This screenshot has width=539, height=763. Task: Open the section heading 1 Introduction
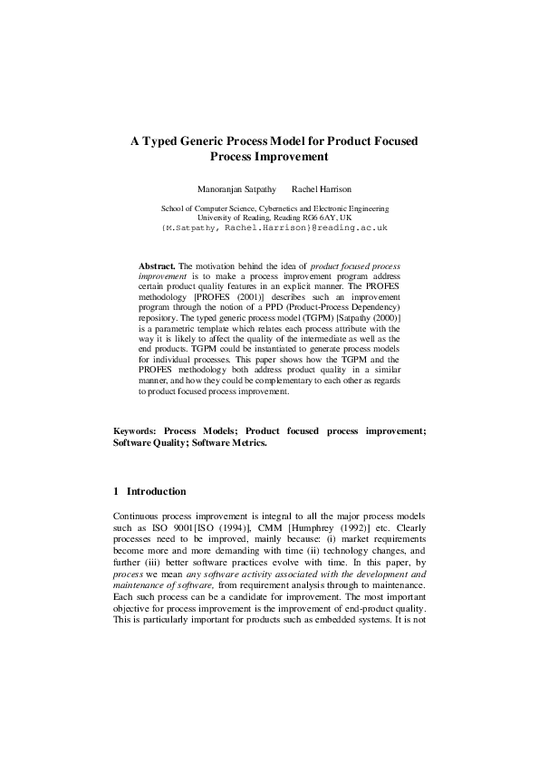click(x=150, y=492)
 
